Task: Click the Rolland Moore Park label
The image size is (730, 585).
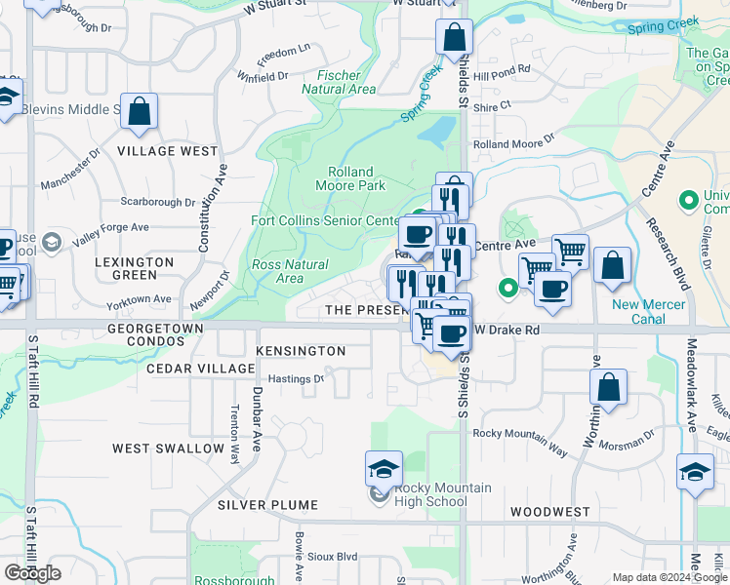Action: pos(350,178)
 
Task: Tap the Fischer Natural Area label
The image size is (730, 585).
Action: pos(339,82)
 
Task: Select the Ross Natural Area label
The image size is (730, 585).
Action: pos(290,271)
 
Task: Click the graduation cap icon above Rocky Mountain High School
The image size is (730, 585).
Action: pos(384,469)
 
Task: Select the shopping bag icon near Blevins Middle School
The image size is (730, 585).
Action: pos(140,112)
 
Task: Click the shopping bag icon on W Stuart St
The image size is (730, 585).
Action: pos(455,39)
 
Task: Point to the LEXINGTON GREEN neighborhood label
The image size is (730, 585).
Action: pos(135,269)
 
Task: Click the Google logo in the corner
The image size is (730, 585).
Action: pos(32,572)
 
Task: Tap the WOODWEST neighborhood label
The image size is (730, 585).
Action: pos(549,512)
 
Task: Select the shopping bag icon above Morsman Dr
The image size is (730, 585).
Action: pos(608,386)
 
